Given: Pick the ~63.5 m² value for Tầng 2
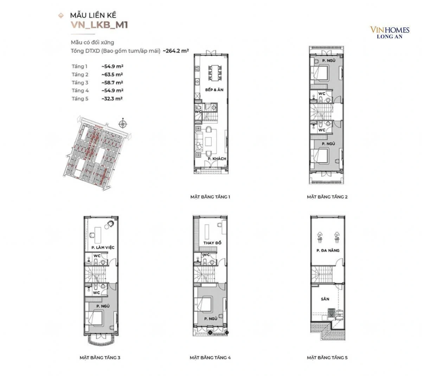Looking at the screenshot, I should tap(112, 74).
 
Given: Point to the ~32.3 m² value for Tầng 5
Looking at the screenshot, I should tap(112, 99).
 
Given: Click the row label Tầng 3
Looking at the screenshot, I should tap(80, 83).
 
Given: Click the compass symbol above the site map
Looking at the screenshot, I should tap(123, 124).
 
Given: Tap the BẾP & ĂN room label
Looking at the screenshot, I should tap(214, 90).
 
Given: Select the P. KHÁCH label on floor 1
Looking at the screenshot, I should tap(217, 159).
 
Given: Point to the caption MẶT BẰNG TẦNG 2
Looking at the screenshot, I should tap(327, 197).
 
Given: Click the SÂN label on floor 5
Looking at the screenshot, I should tap(325, 299).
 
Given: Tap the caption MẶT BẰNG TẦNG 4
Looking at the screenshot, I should tap(210, 358).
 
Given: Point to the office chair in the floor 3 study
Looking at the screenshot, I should tap(111, 223).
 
